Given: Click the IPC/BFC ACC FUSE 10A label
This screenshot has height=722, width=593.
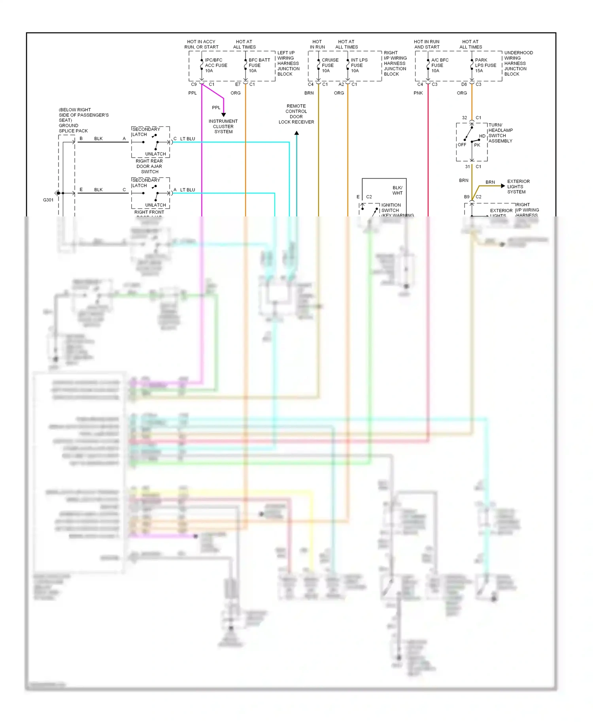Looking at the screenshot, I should tap(215, 66).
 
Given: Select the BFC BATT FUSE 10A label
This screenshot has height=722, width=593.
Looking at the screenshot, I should tap(259, 66).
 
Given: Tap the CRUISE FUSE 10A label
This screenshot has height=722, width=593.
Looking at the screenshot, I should tap(330, 66).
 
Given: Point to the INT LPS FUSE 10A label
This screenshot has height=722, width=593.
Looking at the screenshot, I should tap(359, 66).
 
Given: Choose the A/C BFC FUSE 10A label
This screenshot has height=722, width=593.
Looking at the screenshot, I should tap(440, 66).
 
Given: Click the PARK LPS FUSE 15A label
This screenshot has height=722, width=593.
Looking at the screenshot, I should tap(485, 66).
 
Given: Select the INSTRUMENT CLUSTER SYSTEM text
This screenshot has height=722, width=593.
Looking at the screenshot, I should tap(223, 127).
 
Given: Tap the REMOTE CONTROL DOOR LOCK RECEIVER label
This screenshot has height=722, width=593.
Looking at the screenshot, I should tap(296, 114).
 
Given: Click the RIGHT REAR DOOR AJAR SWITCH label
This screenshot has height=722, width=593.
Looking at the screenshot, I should tap(149, 166).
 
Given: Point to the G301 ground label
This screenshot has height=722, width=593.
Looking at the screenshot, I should tap(48, 200).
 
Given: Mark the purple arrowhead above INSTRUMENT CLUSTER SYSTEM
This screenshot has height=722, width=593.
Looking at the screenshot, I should tap(224, 115).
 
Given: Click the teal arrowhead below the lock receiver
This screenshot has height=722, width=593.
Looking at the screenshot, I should tap(296, 133).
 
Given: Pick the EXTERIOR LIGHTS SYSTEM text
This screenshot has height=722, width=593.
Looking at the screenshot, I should tap(518, 187).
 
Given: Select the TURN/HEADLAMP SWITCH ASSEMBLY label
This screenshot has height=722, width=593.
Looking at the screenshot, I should tap(500, 133).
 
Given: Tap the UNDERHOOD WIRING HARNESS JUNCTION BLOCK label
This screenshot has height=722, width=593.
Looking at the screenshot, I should tap(518, 63).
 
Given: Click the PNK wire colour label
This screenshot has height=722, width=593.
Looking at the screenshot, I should tap(418, 93).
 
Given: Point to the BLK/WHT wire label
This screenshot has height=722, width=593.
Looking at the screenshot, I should tap(397, 190).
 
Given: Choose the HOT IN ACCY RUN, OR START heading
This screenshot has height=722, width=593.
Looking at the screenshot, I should tap(201, 44).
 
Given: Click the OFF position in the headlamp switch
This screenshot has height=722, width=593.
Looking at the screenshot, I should tap(462, 145).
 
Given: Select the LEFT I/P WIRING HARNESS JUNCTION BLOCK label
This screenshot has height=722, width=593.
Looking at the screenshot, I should tap(288, 63).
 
